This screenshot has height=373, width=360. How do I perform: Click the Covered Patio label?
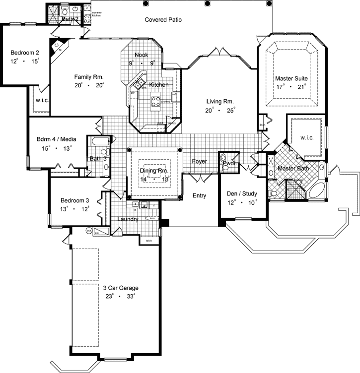pos(163,20)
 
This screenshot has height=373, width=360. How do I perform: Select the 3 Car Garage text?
pos(121,288)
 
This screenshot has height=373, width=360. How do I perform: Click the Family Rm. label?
pos(88,76)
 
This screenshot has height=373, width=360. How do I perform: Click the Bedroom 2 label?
pos(25,52)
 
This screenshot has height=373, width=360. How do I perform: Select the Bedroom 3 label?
pos(74,200)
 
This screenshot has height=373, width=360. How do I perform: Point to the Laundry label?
pos(128,219)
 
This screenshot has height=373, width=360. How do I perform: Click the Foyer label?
pos(200,161)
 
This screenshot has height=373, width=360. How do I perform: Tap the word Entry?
pos(199,195)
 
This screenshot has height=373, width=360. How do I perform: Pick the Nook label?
pos(141,55)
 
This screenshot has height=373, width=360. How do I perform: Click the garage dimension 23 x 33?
pos(121,297)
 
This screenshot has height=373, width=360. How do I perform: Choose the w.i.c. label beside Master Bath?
pos(306,137)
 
